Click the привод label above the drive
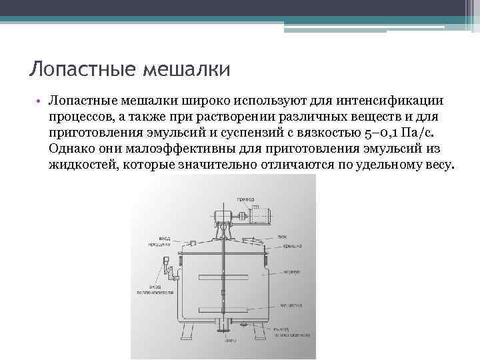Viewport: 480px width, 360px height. pyautogui.click(x=246, y=199)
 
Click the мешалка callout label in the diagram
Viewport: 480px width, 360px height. pyautogui.click(x=291, y=305)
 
